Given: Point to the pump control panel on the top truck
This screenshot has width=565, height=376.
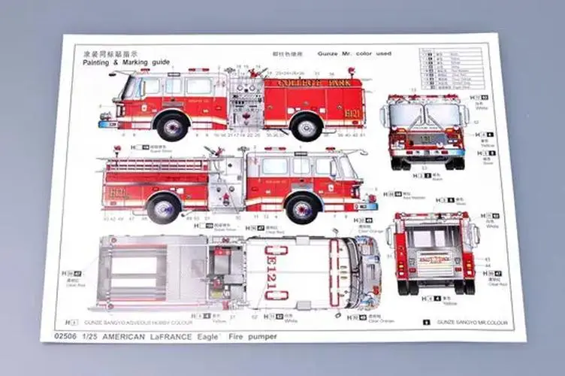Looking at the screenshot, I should [244, 102].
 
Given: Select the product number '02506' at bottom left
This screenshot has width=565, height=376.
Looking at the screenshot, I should [58, 336].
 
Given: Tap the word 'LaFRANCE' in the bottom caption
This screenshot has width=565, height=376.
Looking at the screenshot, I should [167, 336].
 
